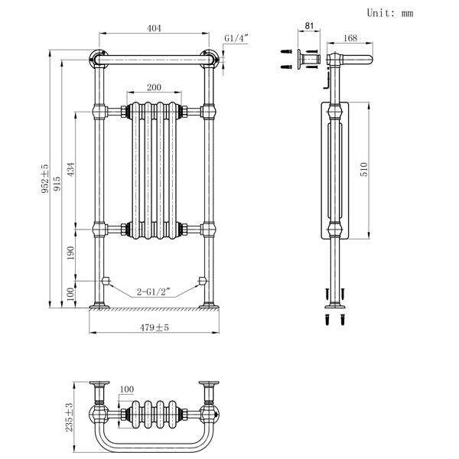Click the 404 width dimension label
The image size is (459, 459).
(x=154, y=28)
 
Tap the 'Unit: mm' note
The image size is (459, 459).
(x=390, y=13)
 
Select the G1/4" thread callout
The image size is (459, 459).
(x=236, y=38)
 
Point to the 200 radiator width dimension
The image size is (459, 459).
(x=154, y=87)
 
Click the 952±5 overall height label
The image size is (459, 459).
(x=45, y=178)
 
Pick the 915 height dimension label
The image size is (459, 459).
(x=57, y=184)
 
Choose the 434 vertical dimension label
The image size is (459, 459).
(x=71, y=169)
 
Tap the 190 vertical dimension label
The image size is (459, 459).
(x=71, y=253)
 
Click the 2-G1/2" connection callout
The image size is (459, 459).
(x=154, y=291)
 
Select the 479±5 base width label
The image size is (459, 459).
(x=155, y=327)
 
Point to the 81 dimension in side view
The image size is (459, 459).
(x=309, y=26)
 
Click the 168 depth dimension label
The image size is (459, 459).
(x=350, y=38)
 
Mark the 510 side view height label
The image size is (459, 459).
(x=364, y=169)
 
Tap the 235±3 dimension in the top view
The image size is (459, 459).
(x=69, y=417)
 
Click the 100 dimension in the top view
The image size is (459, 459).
(x=127, y=389)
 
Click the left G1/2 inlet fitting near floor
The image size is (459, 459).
(x=106, y=281)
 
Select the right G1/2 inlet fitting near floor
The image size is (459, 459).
(x=202, y=281)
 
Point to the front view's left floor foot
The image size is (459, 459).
(x=99, y=306)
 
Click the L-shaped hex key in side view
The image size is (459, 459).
(x=327, y=80)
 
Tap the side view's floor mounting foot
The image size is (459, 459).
(x=335, y=306)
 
